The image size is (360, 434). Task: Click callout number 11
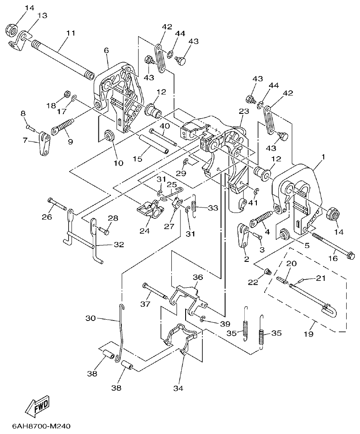[x=70, y=33]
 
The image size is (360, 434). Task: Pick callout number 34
[x=178, y=388]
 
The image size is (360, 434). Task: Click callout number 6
[x=106, y=50]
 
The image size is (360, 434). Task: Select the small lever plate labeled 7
[x=44, y=144]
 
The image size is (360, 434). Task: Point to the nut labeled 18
[x=67, y=93]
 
